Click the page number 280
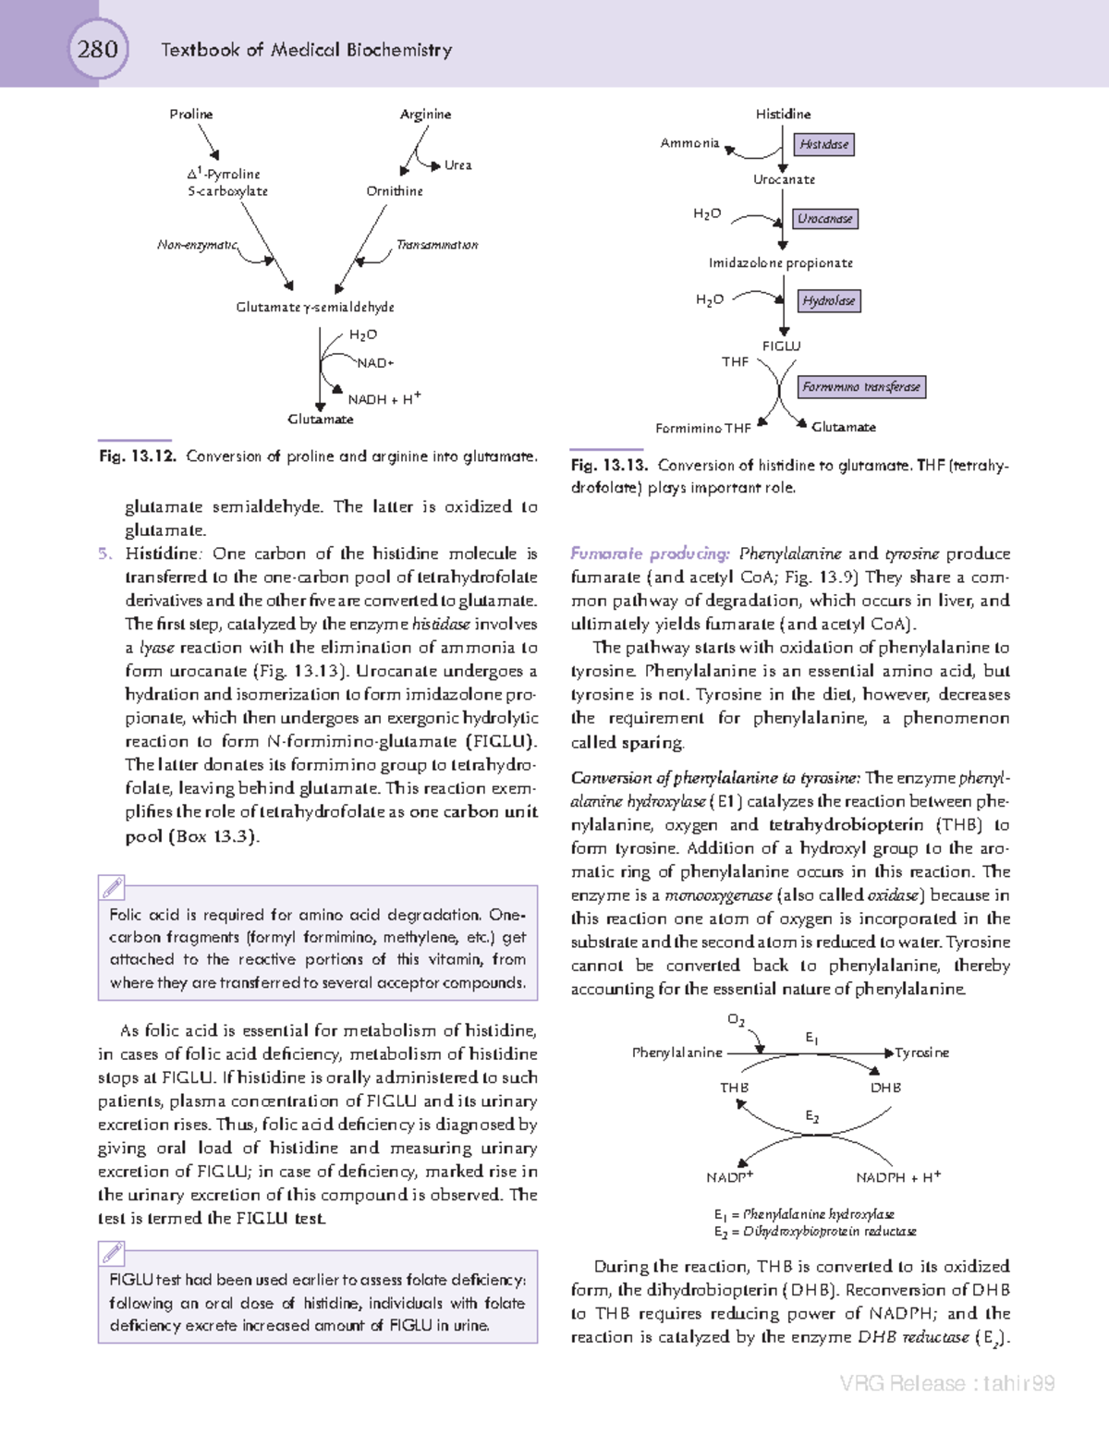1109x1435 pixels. point(97,48)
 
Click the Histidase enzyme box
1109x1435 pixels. point(824,144)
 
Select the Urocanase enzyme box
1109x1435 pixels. point(825,219)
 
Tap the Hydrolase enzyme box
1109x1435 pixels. point(828,300)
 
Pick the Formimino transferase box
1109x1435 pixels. point(860,387)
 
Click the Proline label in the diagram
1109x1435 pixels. point(191,115)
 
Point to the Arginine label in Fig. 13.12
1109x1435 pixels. point(425,115)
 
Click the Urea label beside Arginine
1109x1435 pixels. point(457,165)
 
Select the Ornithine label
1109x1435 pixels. point(395,191)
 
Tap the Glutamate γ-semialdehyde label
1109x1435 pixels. point(315,307)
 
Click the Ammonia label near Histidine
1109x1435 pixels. point(689,143)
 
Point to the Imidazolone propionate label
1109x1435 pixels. point(781,263)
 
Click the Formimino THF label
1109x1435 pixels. point(703,429)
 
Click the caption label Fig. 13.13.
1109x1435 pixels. point(609,466)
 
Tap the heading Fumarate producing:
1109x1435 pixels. point(650,553)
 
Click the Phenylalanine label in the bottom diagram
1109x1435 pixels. point(677,1052)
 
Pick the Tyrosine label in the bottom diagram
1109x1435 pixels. point(921,1052)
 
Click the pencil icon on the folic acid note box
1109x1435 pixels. point(112,888)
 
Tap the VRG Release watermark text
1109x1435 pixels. point(947,1383)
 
